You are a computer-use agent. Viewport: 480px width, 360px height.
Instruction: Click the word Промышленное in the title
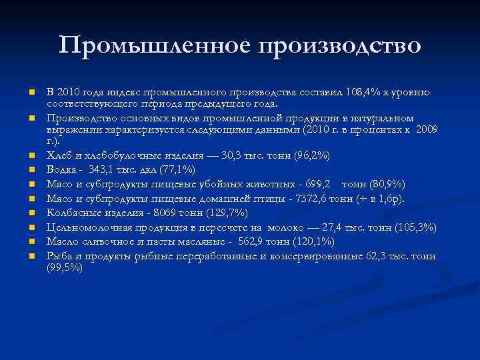click(x=154, y=45)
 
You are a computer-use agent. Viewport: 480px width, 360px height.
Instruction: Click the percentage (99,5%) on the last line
click(x=65, y=268)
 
